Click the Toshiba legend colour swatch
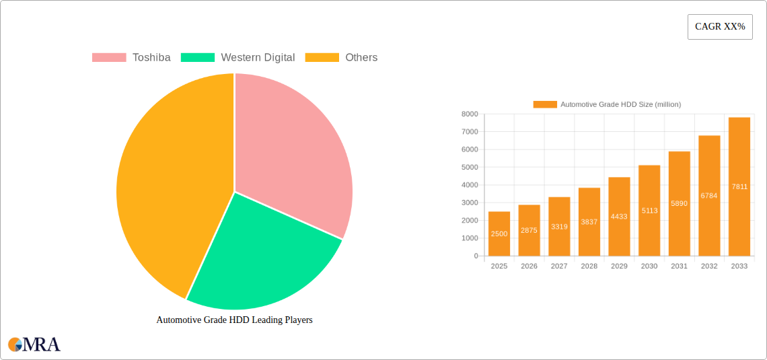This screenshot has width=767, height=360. point(109,58)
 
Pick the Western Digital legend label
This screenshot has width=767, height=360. point(258,58)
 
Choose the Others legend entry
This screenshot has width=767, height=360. point(361,58)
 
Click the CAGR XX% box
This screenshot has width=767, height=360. point(720,27)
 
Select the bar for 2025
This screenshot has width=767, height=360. point(499,233)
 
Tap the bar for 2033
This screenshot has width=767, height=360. point(739,186)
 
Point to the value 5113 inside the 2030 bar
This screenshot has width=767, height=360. point(649,211)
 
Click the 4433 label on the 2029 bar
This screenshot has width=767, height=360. point(620,217)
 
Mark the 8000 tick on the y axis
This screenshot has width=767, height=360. point(469,114)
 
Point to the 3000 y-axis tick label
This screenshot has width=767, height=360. point(469,203)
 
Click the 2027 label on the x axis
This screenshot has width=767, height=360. point(559,266)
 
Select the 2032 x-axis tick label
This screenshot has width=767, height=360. point(709,266)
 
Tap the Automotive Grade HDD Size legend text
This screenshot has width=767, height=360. point(620,104)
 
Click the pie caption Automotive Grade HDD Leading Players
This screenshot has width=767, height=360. point(234,320)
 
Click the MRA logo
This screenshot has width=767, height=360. point(34,345)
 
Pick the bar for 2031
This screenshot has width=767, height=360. point(680,203)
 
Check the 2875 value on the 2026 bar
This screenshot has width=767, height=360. point(529,230)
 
